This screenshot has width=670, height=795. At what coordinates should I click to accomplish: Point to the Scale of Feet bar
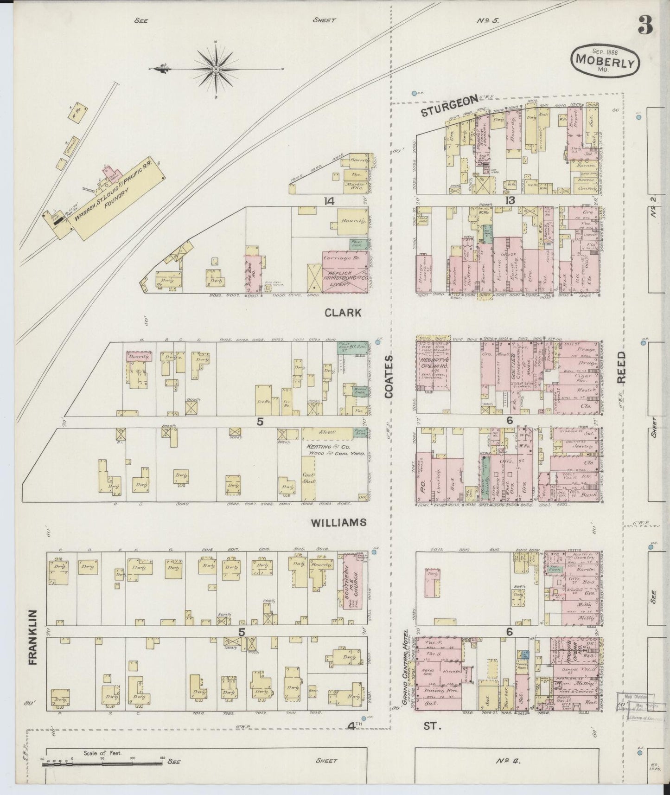point(104,762)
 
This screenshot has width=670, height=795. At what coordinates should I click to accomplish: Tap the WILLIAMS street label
point(338,523)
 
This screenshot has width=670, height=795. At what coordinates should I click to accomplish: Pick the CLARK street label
point(343,313)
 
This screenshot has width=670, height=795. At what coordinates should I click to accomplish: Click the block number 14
point(329,200)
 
